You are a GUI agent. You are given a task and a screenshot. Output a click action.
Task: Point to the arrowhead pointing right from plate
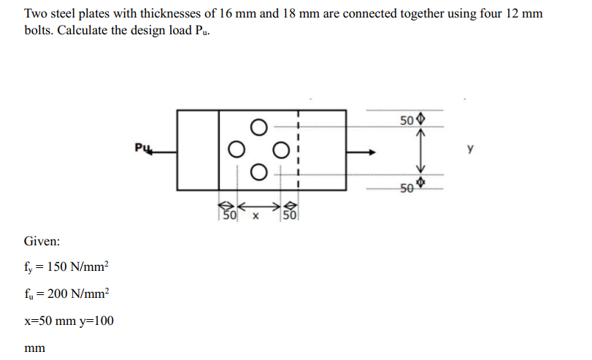[372, 152]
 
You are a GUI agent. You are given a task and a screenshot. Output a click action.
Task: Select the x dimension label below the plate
[255, 216]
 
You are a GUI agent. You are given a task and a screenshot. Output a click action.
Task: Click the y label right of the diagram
[470, 148]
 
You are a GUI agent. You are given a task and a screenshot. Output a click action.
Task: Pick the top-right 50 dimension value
[407, 120]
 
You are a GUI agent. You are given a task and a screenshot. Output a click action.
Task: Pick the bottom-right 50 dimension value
[407, 188]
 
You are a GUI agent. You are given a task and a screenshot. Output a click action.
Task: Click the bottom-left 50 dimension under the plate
[229, 215]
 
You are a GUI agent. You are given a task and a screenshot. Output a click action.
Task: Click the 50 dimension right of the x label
[290, 215]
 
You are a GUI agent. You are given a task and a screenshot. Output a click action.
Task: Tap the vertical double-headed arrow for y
[420, 150]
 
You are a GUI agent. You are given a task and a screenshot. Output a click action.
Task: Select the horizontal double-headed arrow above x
[258, 206]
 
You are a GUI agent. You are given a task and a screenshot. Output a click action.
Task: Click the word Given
[42, 241]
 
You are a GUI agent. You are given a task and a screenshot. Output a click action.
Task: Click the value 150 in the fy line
[57, 267]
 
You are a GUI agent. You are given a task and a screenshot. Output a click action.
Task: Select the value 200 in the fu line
[58, 294]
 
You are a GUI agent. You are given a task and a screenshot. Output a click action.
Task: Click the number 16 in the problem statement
[225, 14]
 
